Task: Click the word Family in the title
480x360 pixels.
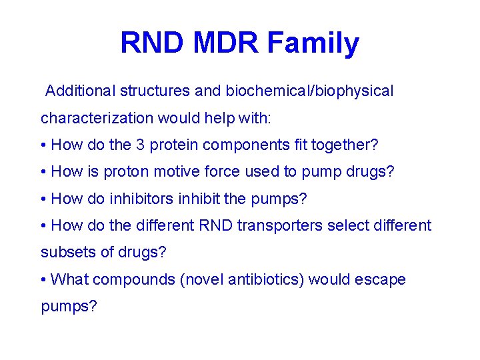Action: coord(313,44)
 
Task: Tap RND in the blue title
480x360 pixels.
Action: coord(152,44)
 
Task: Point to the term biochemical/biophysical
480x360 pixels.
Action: coord(309,91)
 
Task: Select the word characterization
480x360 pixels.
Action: coord(97,118)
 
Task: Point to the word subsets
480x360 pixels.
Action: coord(66,252)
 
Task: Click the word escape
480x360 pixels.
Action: coord(380,279)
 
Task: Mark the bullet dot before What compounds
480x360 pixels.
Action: coord(43,280)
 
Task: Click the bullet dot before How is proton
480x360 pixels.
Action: coord(43,173)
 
